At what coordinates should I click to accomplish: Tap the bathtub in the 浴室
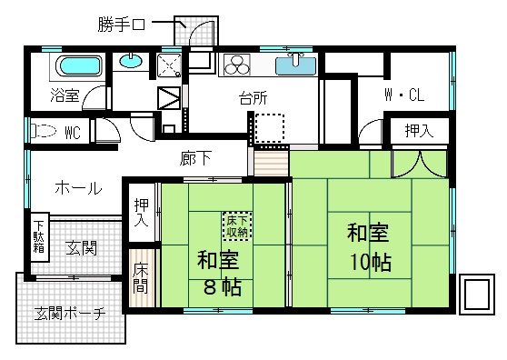coord(78,67)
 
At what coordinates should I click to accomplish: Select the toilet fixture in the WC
coord(44,131)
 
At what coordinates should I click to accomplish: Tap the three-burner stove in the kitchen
coord(237,65)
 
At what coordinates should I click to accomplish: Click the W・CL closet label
coord(404,95)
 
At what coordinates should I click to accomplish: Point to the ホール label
coord(78,188)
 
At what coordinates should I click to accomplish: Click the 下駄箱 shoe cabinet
coord(39,238)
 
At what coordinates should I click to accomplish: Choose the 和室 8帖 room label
coord(217,274)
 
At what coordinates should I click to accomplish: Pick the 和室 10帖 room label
coord(369,246)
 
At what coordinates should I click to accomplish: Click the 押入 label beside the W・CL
coord(419,131)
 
